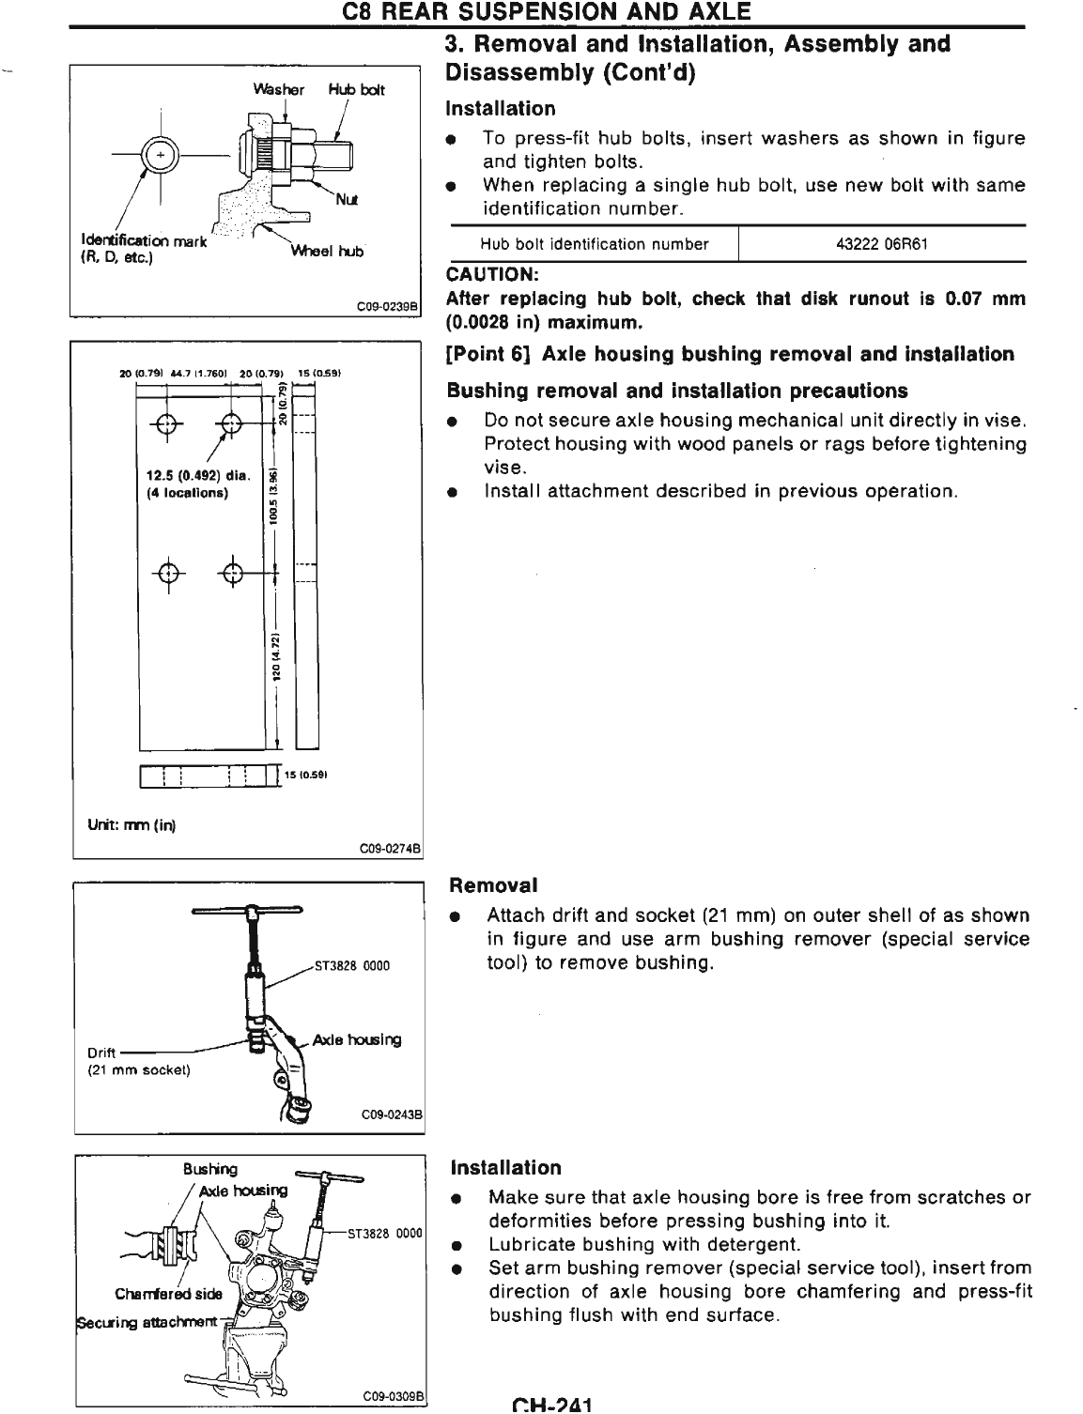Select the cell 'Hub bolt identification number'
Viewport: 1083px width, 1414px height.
click(594, 244)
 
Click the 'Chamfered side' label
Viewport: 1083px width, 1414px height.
click(169, 1293)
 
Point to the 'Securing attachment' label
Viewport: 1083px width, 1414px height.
click(147, 1322)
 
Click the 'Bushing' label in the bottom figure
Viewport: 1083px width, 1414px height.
click(210, 1169)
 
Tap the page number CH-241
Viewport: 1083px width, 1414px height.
click(551, 1406)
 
